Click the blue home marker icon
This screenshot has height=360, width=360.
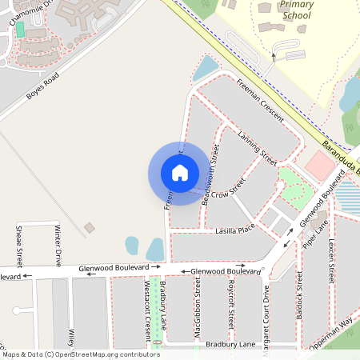(180, 173)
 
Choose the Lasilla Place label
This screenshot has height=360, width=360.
(234, 229)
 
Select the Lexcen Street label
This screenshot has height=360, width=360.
(330, 258)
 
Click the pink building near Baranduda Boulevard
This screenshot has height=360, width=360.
(319, 166)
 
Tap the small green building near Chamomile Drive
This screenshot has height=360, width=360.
(20, 30)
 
